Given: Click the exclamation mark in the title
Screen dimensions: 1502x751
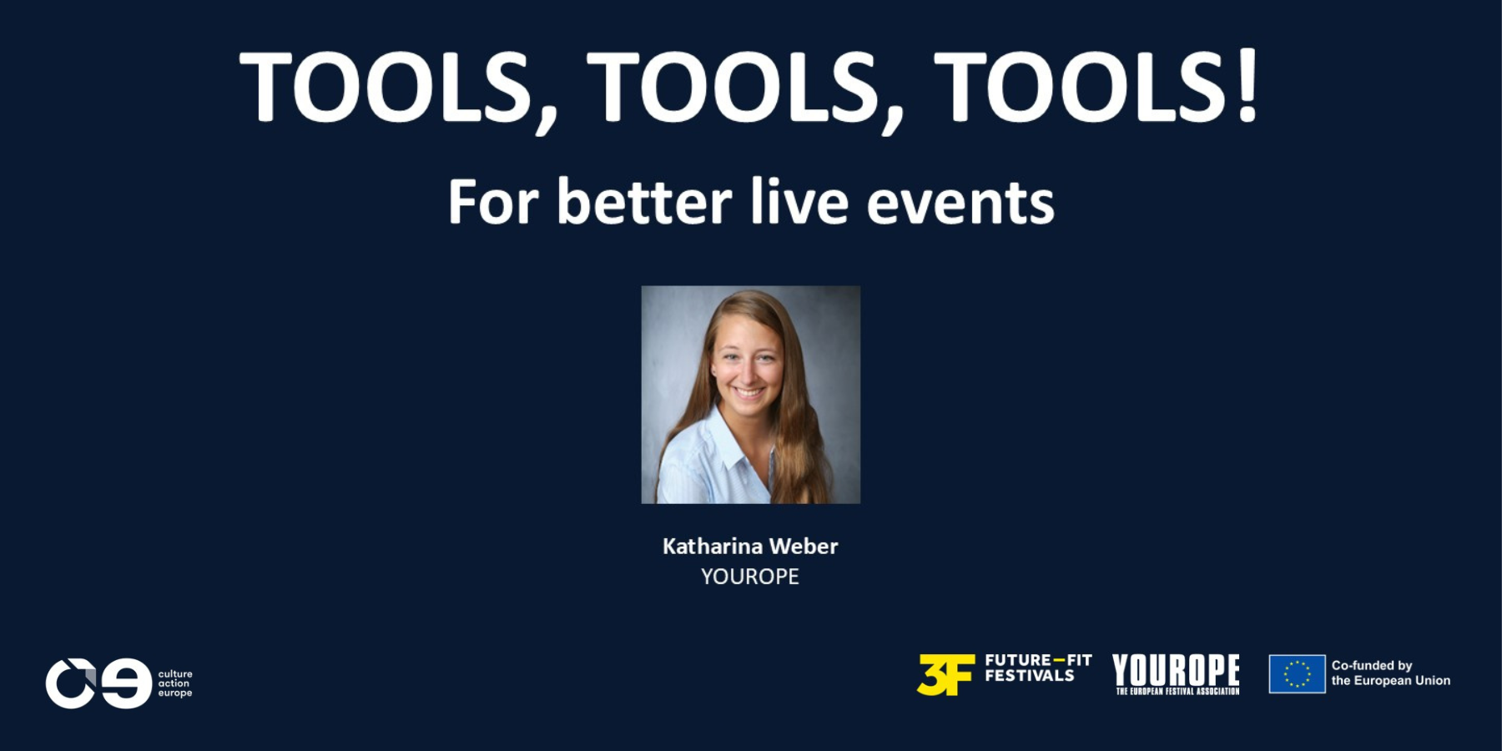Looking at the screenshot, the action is (1247, 87).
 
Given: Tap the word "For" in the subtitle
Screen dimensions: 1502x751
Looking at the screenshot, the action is (493, 202).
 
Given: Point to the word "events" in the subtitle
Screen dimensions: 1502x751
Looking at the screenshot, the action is (960, 204).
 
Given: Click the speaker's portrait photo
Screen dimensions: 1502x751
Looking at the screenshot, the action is (750, 395).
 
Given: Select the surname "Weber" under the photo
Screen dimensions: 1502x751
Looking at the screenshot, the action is (803, 547).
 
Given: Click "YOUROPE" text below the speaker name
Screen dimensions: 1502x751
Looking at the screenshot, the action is (750, 577).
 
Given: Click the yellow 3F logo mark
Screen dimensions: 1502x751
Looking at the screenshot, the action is (945, 674).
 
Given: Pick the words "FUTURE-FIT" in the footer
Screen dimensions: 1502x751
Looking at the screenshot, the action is (1038, 660).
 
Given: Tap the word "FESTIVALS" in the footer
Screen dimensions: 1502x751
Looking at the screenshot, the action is (1030, 676).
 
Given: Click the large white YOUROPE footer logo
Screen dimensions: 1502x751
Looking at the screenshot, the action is (1176, 669).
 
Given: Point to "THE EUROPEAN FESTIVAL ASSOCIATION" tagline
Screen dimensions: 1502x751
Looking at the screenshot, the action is (1177, 691).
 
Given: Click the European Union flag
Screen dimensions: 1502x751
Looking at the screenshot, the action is (1297, 674).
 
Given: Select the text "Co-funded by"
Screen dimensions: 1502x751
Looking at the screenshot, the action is (1372, 666).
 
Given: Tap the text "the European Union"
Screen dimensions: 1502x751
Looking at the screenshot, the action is (1391, 681).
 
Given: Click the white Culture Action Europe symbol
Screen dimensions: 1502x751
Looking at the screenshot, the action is (98, 683).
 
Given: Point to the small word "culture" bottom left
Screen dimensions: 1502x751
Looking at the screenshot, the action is (175, 674).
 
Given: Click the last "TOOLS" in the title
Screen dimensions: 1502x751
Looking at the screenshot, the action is (1081, 87).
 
